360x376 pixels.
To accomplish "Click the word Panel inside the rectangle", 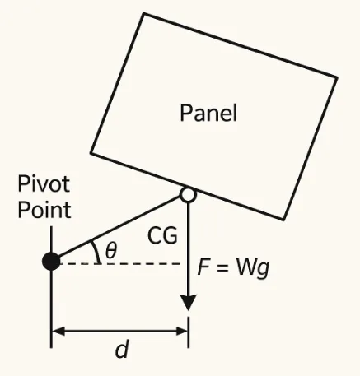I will click(208, 113).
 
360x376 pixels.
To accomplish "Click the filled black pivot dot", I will click(52, 262).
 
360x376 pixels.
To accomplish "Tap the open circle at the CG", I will click(189, 196).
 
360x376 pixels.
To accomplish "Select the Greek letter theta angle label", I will click(111, 248).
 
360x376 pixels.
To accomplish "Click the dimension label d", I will click(122, 350).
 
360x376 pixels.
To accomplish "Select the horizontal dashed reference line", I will click(140, 263).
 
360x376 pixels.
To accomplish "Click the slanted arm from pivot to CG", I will click(119, 230).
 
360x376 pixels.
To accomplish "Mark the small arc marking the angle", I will click(98, 250).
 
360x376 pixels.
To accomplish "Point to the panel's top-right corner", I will click(336, 77).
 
